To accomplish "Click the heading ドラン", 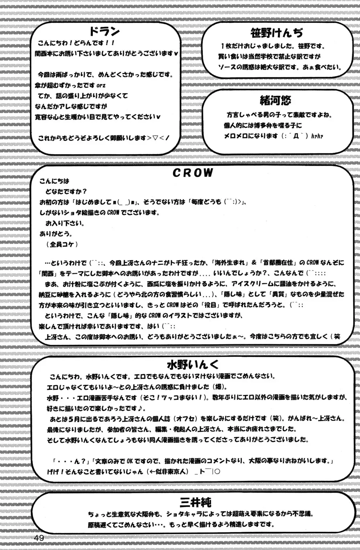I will tap(104, 32).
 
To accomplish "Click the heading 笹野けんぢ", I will tap(277, 33).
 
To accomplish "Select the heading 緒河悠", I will tap(275, 100).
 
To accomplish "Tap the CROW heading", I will tap(193, 173).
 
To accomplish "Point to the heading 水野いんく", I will tap(193, 364).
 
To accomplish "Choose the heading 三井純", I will tap(195, 502).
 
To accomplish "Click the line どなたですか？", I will tap(66, 191).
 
